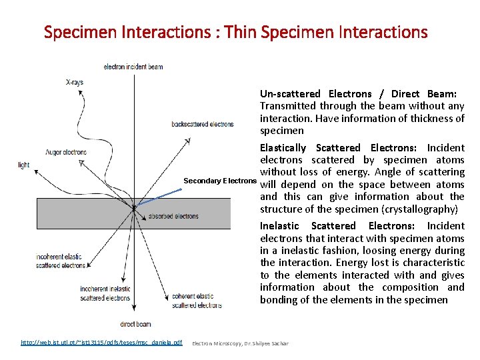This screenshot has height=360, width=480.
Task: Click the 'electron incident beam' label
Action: pyautogui.click(x=133, y=67)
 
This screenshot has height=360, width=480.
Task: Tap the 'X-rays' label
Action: pyautogui.click(x=75, y=83)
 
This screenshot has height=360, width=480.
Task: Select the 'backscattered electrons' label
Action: pyautogui.click(x=203, y=124)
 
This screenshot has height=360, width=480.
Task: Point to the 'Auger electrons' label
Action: pyautogui.click(x=66, y=152)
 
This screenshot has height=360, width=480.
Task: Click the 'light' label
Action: pyautogui.click(x=24, y=165)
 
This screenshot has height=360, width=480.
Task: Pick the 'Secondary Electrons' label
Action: pyautogui.click(x=220, y=181)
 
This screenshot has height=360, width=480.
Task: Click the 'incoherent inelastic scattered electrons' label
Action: pyautogui.click(x=105, y=293)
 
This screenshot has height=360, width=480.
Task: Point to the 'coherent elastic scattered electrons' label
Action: pyautogui.click(x=197, y=301)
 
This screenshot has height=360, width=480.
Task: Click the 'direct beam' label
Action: pyautogui.click(x=135, y=325)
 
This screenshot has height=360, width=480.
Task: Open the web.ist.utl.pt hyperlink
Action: pyautogui.click(x=101, y=343)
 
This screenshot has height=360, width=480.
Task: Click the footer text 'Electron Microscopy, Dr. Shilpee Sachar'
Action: pyautogui.click(x=241, y=343)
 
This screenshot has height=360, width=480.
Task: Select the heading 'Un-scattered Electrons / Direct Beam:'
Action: pyautogui.click(x=358, y=94)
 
